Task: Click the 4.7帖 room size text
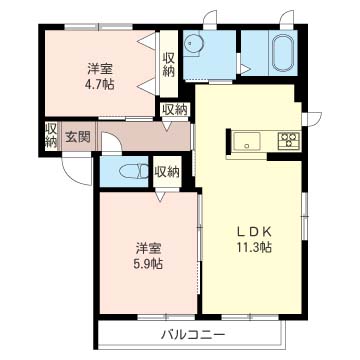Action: [98, 86]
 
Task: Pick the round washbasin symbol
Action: [195, 42]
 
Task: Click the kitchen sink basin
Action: [248, 141]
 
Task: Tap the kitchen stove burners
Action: [288, 141]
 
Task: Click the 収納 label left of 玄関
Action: [49, 135]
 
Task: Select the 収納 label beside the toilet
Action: [166, 172]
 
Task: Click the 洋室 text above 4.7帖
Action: [98, 69]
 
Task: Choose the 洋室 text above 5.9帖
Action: [148, 247]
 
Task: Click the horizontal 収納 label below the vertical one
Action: [174, 109]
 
